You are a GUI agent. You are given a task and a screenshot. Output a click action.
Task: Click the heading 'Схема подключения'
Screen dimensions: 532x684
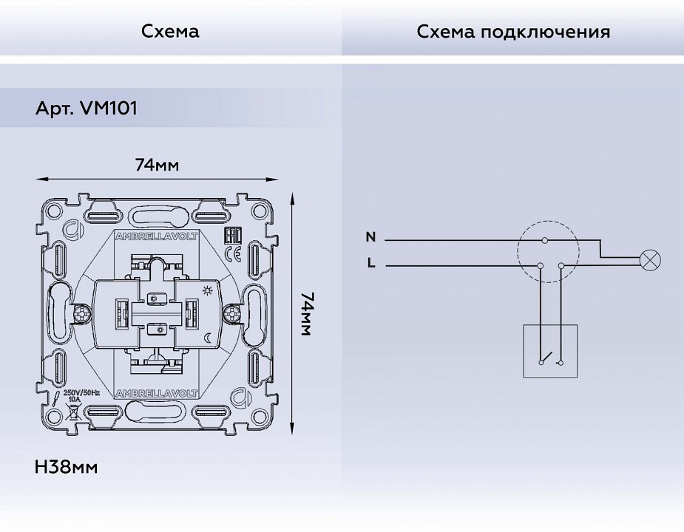click(513, 32)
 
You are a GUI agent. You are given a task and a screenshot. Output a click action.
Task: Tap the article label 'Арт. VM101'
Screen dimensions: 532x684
click(86, 109)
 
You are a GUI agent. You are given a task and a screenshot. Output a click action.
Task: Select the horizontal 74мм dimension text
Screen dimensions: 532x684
click(157, 164)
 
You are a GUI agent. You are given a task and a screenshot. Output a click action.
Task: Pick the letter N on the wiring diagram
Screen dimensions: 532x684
click(370, 237)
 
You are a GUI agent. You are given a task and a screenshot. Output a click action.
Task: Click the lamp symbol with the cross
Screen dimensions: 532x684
click(650, 259)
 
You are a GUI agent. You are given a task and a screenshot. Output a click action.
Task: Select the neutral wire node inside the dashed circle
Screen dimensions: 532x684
click(546, 241)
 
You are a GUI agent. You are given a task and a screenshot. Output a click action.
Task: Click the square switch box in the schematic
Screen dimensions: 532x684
click(551, 351)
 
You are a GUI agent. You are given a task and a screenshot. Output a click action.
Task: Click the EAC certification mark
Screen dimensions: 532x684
click(230, 236)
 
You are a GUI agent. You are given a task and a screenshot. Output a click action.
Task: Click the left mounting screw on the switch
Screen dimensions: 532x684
click(81, 314)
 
